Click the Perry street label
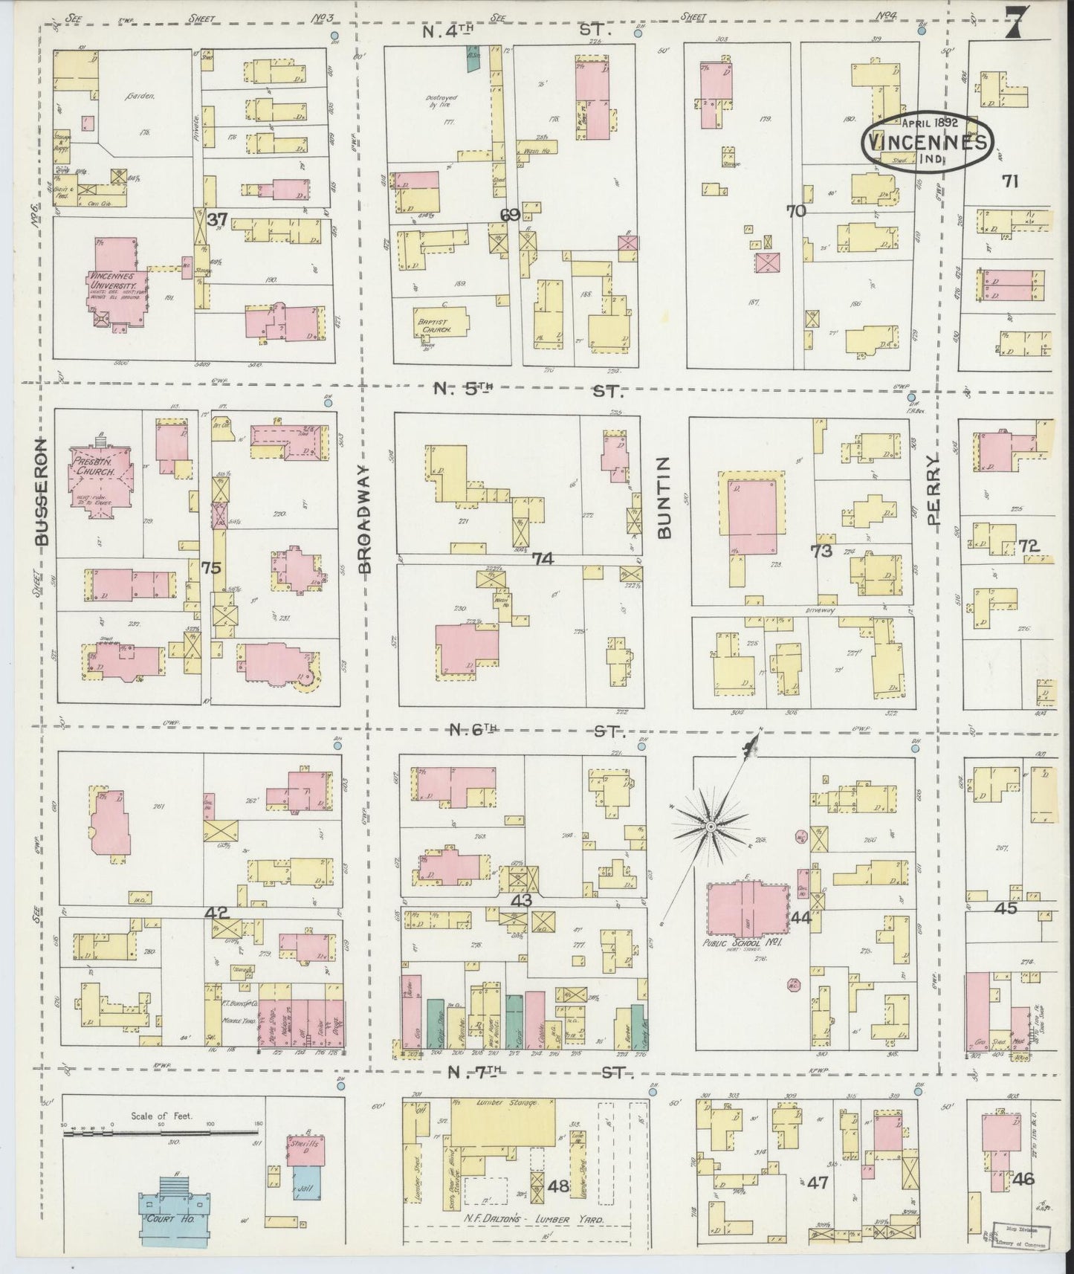934,490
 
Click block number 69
509,215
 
